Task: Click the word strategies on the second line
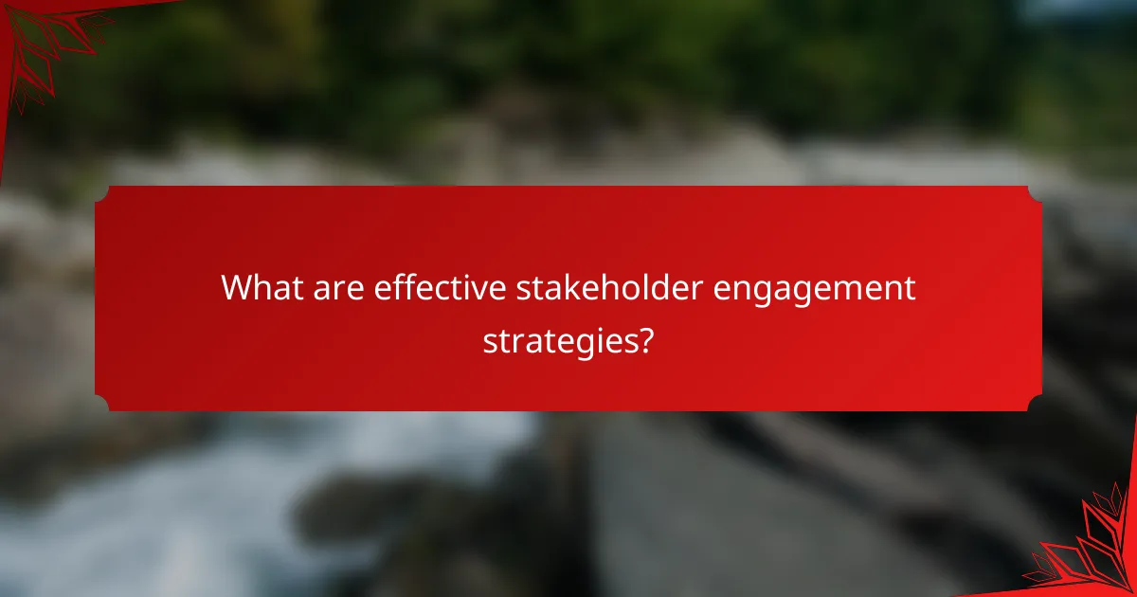pos(557,340)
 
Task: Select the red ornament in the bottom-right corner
pos(1090,550)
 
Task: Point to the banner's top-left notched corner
pos(101,192)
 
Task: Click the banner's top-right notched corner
pos(1035,192)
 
